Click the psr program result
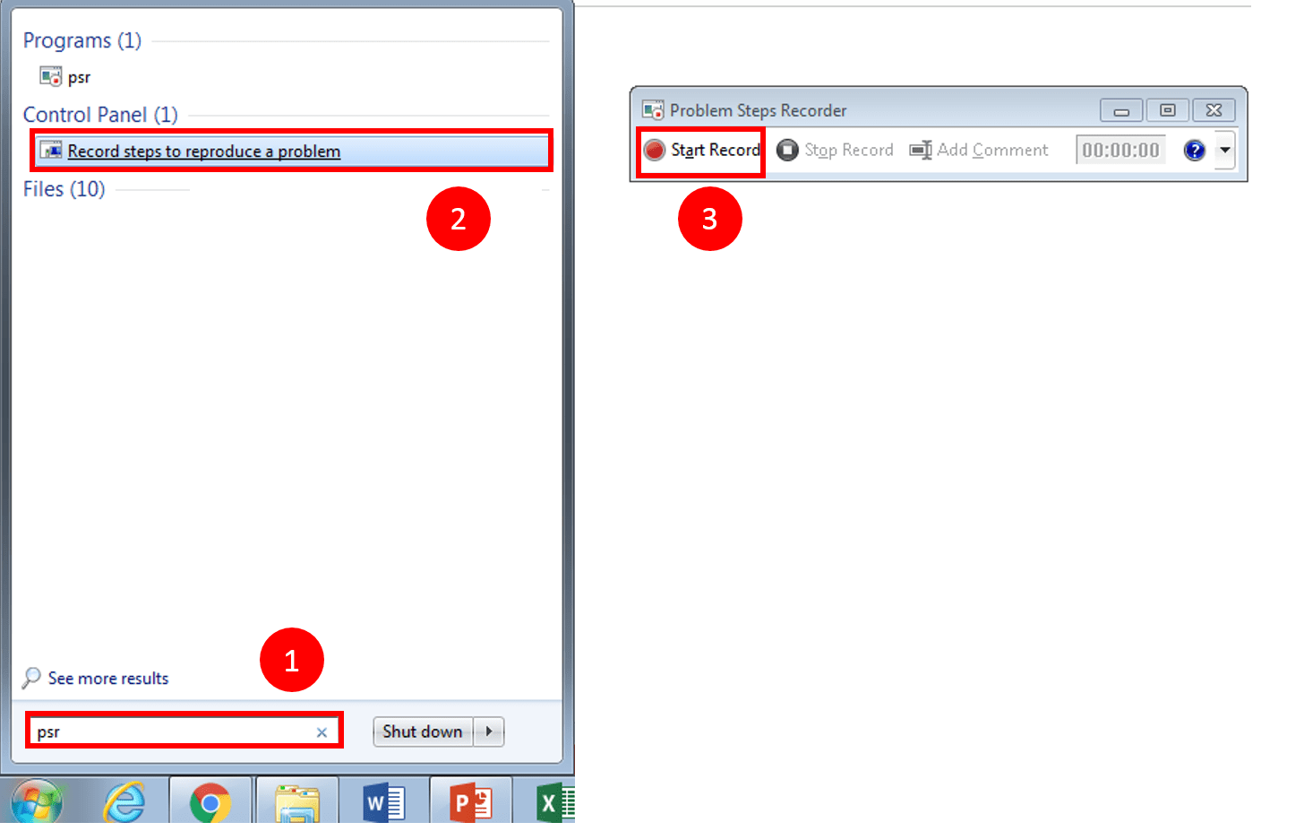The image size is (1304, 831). tap(78, 77)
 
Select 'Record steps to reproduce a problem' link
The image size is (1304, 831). tap(203, 151)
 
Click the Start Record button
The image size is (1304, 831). tap(703, 151)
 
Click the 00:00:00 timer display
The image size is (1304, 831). tap(1120, 151)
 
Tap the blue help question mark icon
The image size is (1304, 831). tap(1194, 151)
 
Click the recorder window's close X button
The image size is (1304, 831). tap(1214, 110)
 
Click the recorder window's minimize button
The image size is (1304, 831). tap(1121, 110)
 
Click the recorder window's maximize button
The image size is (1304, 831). tap(1168, 110)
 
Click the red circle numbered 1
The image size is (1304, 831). tap(291, 661)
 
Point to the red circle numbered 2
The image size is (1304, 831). tap(458, 219)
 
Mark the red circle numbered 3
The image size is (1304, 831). tap(709, 219)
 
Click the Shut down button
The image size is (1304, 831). tap(423, 731)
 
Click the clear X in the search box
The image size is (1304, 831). tap(322, 732)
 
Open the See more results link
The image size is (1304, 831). tap(107, 679)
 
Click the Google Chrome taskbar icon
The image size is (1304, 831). tap(210, 802)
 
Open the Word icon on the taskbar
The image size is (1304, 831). tap(384, 802)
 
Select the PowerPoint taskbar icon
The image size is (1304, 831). tap(470, 802)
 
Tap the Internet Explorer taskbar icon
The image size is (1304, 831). tap(124, 802)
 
